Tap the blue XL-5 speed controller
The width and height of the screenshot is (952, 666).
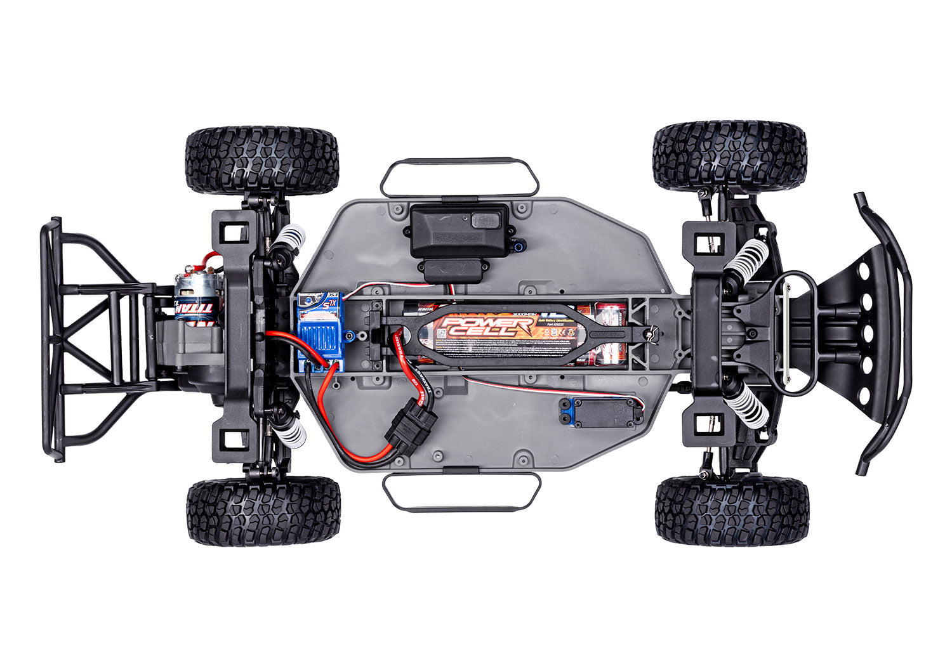(x=321, y=330)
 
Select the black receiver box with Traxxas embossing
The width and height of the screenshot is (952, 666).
(x=459, y=230)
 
